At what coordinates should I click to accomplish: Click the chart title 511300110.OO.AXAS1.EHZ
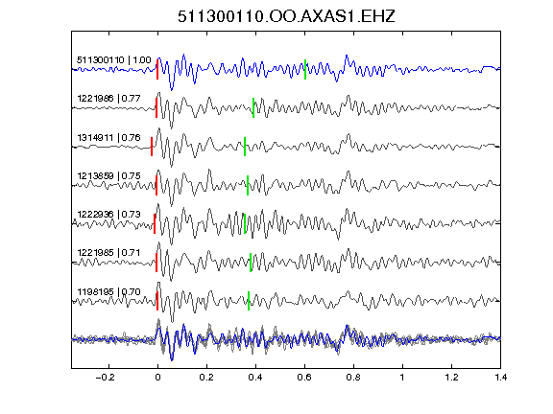click(286, 16)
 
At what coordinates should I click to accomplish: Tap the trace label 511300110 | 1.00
click(114, 59)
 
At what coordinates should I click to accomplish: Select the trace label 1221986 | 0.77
click(109, 98)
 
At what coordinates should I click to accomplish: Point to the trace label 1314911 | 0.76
click(109, 137)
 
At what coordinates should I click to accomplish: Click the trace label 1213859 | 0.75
click(109, 175)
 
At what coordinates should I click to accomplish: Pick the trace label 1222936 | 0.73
click(109, 214)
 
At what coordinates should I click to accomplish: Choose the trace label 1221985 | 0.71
click(109, 252)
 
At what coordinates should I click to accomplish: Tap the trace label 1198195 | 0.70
click(109, 292)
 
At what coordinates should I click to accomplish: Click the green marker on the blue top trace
click(305, 70)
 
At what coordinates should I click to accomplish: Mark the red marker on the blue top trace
click(157, 69)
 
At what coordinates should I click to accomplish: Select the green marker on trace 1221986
click(253, 107)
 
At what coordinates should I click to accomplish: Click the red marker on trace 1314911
click(152, 147)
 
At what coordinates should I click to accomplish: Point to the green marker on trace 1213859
click(248, 185)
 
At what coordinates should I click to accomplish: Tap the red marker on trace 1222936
click(155, 223)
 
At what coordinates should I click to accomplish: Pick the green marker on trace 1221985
click(251, 263)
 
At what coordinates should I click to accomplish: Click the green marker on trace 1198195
click(249, 301)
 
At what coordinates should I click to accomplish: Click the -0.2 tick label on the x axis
click(105, 378)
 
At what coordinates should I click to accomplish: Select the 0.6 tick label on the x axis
click(304, 378)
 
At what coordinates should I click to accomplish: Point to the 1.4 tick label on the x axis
click(500, 378)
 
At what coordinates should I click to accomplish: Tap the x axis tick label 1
click(402, 378)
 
